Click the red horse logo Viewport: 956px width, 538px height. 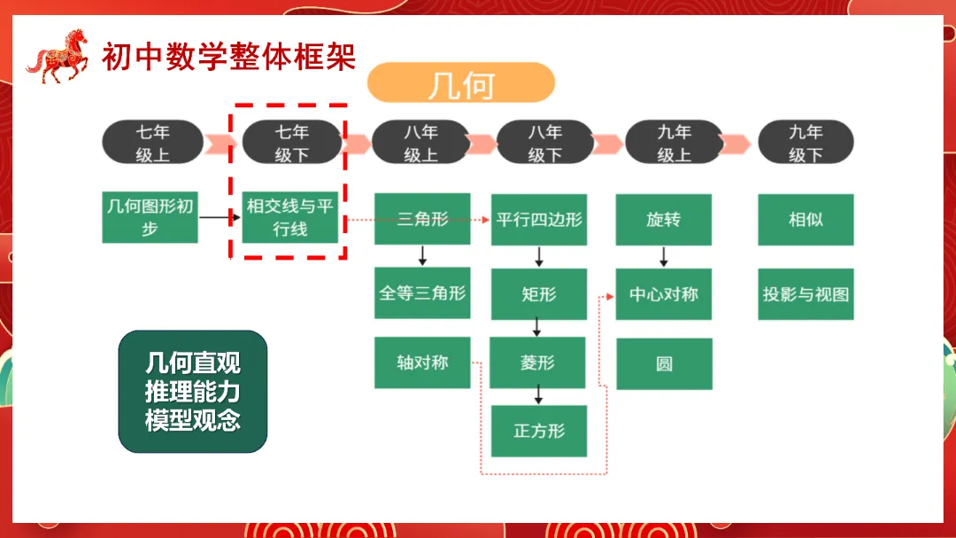coord(58,56)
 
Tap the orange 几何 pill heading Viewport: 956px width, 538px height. coord(460,83)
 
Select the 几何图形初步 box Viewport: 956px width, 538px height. coord(150,217)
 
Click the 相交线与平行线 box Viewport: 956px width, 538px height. coord(290,217)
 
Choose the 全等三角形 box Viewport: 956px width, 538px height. coord(422,292)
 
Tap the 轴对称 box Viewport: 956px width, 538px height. coord(422,363)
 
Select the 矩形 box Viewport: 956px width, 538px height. coord(539,293)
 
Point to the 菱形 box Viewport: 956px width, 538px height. coord(539,363)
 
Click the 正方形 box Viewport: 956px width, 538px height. coord(539,432)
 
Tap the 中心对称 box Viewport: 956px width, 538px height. coord(664,293)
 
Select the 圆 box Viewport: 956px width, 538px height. coord(664,363)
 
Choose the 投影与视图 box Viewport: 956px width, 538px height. coord(806,293)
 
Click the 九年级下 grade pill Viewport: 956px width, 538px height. coord(806,143)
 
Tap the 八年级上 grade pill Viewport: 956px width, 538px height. coord(420,143)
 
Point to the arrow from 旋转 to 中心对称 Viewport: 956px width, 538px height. coord(664,256)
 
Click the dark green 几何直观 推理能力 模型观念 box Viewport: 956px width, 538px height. coord(193,392)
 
